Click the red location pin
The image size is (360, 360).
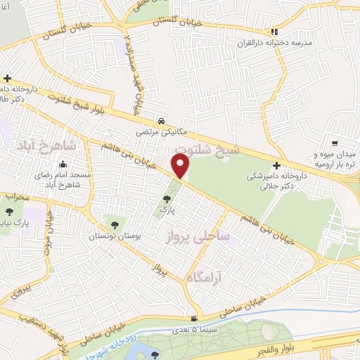181,167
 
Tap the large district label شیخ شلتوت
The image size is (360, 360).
209,151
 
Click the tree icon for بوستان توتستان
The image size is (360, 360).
114,226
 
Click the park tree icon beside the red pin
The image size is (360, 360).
166,200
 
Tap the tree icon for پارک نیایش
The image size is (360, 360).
8,212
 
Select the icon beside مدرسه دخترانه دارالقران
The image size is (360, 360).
276,32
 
